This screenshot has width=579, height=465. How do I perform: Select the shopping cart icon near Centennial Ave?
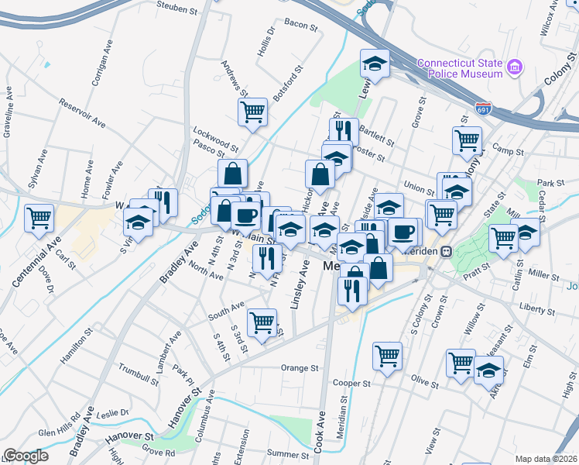click(39, 218)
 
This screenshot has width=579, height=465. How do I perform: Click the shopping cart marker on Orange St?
click(262, 322)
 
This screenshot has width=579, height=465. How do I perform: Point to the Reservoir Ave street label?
click(82, 112)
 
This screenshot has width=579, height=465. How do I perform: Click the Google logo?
click(26, 456)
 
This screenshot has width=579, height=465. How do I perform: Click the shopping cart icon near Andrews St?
click(253, 112)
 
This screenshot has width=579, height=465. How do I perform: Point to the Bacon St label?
click(301, 26)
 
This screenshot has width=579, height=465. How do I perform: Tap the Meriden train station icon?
click(447, 251)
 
